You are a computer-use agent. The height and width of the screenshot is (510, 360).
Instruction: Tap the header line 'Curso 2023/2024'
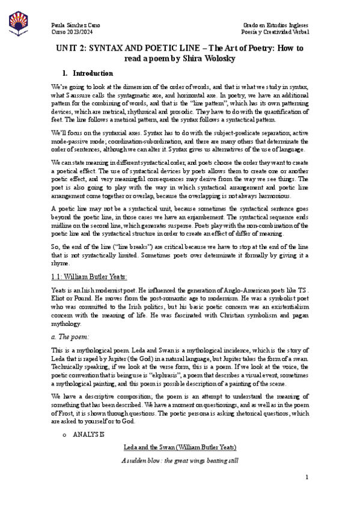coord(69,31)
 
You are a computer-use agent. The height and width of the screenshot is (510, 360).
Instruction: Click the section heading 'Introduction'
coord(93,73)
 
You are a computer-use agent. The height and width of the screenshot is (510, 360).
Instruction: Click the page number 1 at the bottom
coord(306,494)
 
